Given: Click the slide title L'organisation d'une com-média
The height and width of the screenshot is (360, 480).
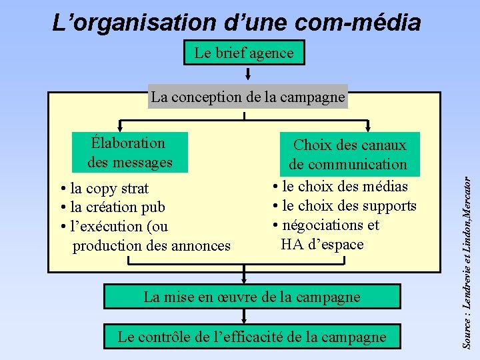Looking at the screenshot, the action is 237,23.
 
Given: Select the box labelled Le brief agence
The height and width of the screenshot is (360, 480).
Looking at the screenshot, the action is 244,53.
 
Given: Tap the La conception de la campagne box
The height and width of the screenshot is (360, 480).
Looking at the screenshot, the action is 248,97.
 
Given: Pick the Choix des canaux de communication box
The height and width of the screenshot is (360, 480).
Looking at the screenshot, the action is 347,154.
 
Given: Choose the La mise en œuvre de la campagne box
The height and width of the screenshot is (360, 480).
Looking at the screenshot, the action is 251,297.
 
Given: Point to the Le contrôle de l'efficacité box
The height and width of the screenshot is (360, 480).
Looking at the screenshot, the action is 251,337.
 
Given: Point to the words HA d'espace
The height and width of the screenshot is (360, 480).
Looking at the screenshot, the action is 322,244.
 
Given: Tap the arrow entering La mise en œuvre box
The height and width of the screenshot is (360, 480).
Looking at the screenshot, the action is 245,279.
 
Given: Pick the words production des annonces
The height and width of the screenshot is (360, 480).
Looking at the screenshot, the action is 151,246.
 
